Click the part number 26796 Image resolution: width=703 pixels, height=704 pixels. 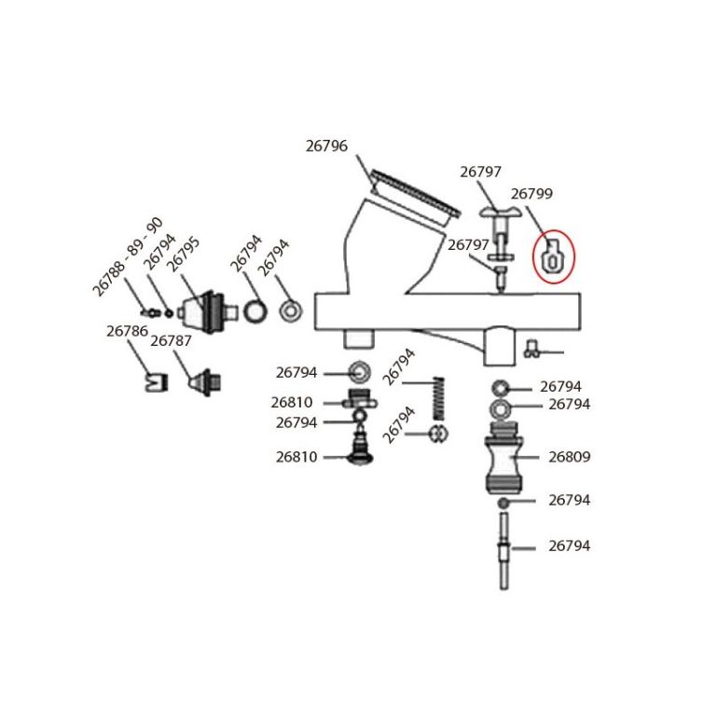tap(326, 145)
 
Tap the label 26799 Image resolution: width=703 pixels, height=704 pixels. tap(531, 194)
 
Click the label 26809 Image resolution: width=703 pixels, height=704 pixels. tap(569, 457)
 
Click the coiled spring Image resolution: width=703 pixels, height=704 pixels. tap(438, 399)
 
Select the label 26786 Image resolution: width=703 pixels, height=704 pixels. tap(127, 331)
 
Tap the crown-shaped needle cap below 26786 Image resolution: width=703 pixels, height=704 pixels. tap(157, 382)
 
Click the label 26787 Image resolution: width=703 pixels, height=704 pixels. tap(171, 341)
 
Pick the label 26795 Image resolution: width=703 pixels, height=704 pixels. tap(183, 255)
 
